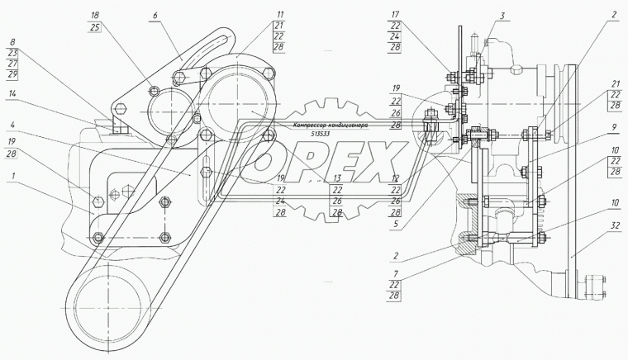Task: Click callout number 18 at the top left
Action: coord(96,16)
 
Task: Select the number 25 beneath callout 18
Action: coord(96,27)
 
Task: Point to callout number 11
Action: coord(258,16)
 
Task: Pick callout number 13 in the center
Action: coord(336,178)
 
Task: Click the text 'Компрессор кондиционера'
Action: coord(326,125)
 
